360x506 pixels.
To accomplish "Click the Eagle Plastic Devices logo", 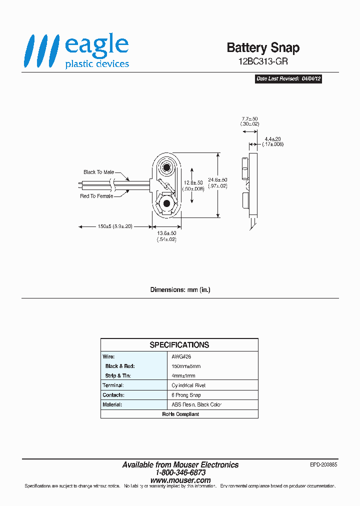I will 77,51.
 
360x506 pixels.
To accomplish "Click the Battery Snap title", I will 263,47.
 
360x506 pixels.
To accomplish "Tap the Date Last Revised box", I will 288,79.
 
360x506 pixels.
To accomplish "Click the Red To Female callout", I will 96,196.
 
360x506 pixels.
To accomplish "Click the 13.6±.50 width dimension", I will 166,236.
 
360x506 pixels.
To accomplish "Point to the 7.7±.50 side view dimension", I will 249,120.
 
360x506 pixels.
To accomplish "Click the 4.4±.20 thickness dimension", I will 273,141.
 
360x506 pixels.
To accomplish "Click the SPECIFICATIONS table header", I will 179,345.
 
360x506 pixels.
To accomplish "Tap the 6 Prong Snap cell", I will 186,395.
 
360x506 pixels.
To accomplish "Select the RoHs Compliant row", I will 179,414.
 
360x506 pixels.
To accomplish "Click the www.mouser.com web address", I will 180,480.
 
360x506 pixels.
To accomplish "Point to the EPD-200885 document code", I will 323,464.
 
